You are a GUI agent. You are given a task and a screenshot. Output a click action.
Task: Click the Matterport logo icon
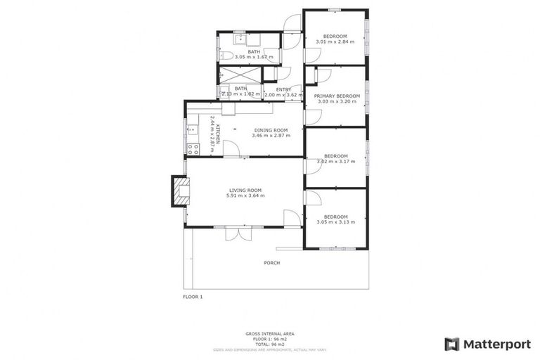[x=452, y=344]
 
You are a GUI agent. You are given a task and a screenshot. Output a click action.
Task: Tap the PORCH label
[x=271, y=263]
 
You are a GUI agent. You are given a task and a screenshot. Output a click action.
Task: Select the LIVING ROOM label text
[x=245, y=190]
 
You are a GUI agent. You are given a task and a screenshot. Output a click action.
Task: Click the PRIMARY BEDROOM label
[x=337, y=96]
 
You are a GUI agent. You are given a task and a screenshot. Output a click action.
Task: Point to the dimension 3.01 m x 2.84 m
[x=335, y=42]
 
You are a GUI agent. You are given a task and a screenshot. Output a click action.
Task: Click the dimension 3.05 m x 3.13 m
[x=335, y=222]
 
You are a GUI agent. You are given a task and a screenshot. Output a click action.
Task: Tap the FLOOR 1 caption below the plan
[x=193, y=297]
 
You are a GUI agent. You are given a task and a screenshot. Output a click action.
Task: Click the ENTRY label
[x=283, y=89]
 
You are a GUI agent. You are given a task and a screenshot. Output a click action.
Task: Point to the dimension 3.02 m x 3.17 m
[x=335, y=162]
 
